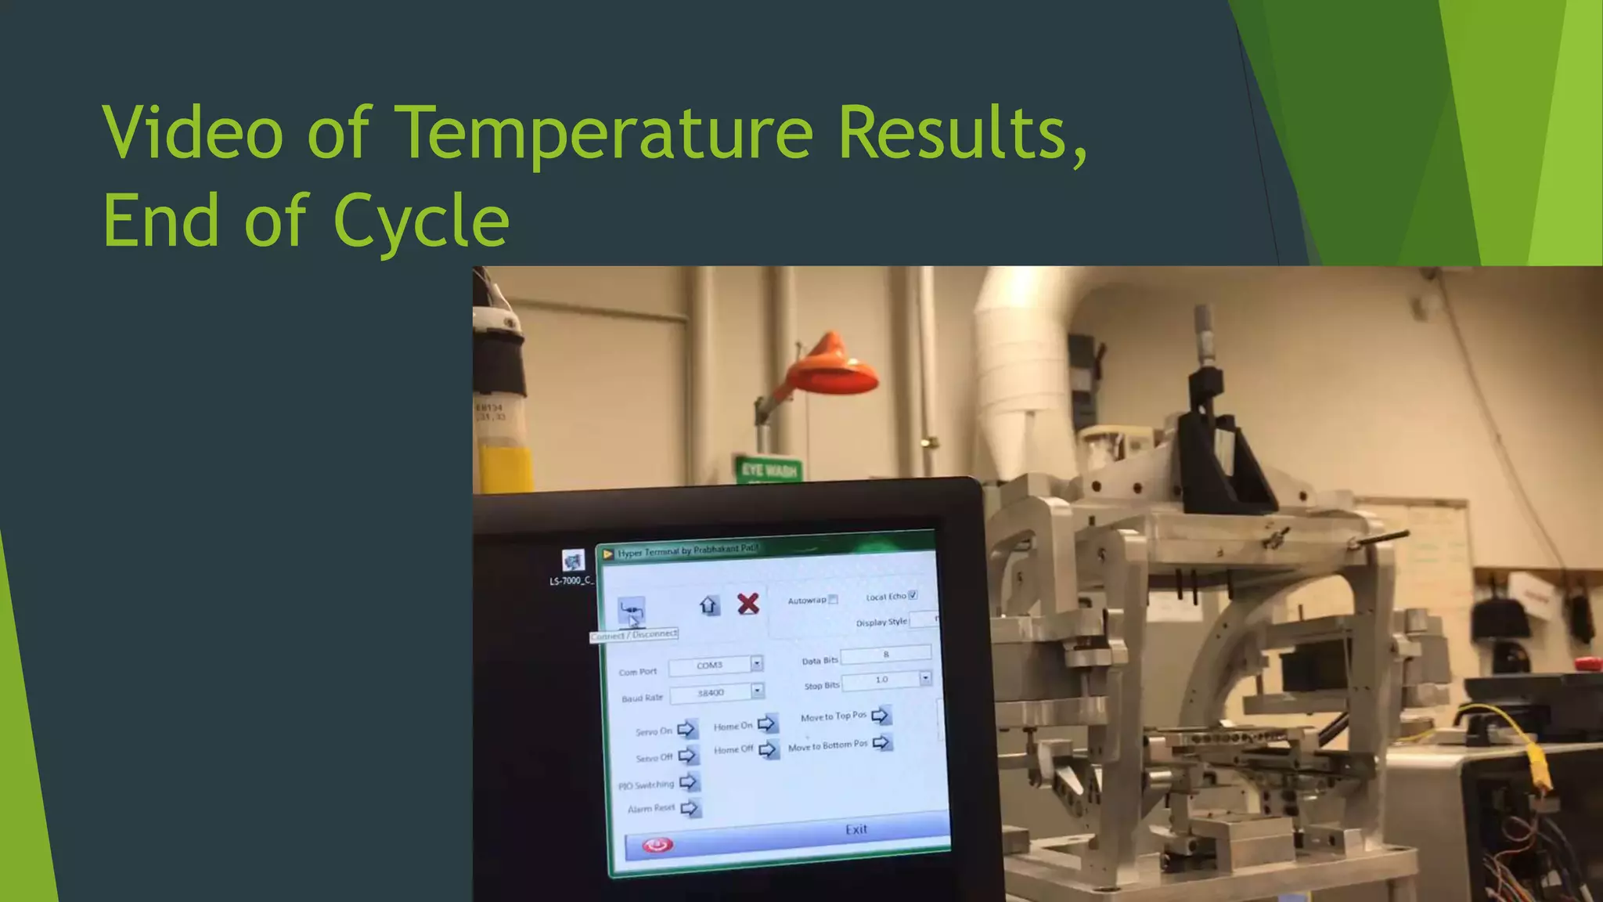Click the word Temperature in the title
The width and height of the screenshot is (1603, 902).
tap(607, 133)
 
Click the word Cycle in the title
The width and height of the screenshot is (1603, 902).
tap(422, 222)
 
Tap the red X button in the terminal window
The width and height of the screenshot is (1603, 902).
tap(748, 604)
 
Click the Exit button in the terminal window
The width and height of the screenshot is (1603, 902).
tap(856, 829)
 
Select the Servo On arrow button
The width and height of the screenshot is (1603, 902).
tap(686, 730)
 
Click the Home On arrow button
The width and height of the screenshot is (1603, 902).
tap(767, 724)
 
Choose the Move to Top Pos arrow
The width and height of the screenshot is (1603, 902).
tap(881, 715)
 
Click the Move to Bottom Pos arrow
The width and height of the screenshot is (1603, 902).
tap(881, 742)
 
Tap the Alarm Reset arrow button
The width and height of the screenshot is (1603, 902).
tap(690, 808)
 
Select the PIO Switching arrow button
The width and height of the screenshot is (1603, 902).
tap(689, 782)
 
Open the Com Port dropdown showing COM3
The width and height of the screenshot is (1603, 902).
tap(756, 664)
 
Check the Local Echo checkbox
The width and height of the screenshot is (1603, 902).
tap(913, 595)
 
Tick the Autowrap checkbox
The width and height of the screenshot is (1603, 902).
tap(834, 600)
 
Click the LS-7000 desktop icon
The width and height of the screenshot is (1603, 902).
tap(573, 561)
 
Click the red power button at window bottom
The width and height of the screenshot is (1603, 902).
tap(657, 845)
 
